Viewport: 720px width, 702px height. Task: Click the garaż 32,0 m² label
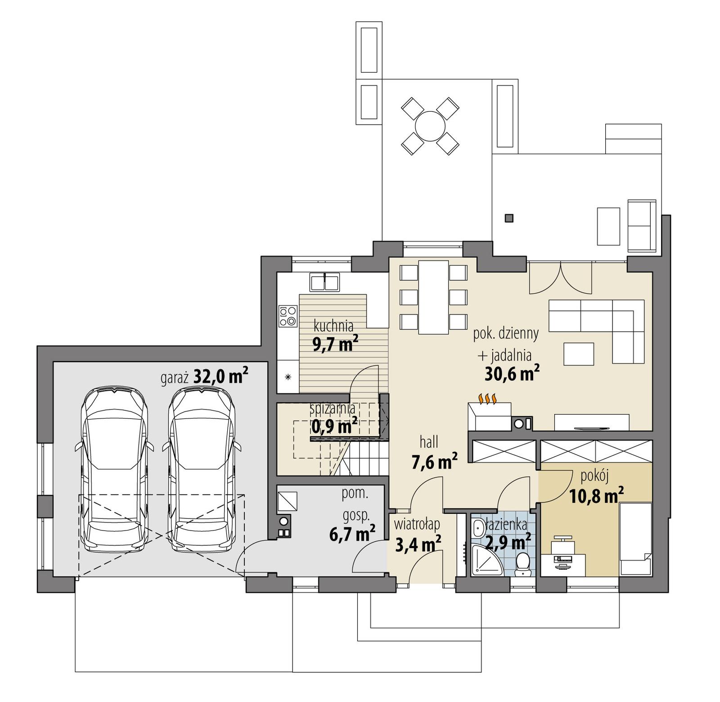pyautogui.click(x=205, y=376)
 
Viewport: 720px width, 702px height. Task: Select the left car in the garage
pyautogui.click(x=114, y=470)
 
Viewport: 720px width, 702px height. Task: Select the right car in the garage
pyautogui.click(x=202, y=470)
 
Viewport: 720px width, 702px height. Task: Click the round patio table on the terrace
pyautogui.click(x=430, y=126)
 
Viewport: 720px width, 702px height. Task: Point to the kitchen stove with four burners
pyautogui.click(x=288, y=315)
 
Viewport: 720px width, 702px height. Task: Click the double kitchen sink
pyautogui.click(x=324, y=282)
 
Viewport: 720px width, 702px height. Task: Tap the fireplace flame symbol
pyautogui.click(x=488, y=398)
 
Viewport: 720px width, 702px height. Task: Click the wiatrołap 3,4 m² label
pyautogui.click(x=417, y=535)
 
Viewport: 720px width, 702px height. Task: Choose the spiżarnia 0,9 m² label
pyautogui.click(x=333, y=418)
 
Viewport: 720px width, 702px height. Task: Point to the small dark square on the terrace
pyautogui.click(x=509, y=218)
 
